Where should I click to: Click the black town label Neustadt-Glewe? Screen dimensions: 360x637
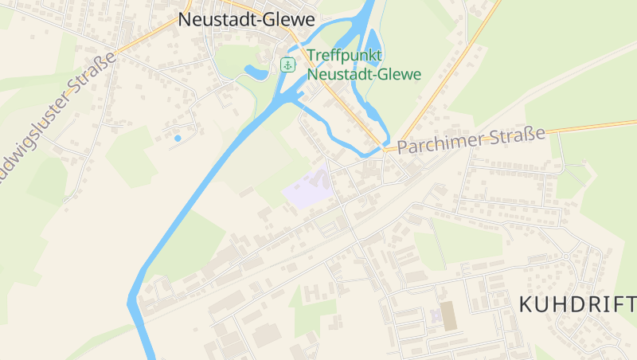coord(246,20)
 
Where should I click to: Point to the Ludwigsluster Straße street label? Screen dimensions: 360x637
coord(56,119)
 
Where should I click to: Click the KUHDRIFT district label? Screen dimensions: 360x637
coord(577,304)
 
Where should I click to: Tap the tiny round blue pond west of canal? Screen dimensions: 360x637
coord(178,139)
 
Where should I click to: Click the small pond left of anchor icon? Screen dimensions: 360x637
coord(256,72)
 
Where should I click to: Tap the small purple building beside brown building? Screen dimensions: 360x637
coord(436,316)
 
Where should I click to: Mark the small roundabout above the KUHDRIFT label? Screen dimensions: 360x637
coord(566,256)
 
